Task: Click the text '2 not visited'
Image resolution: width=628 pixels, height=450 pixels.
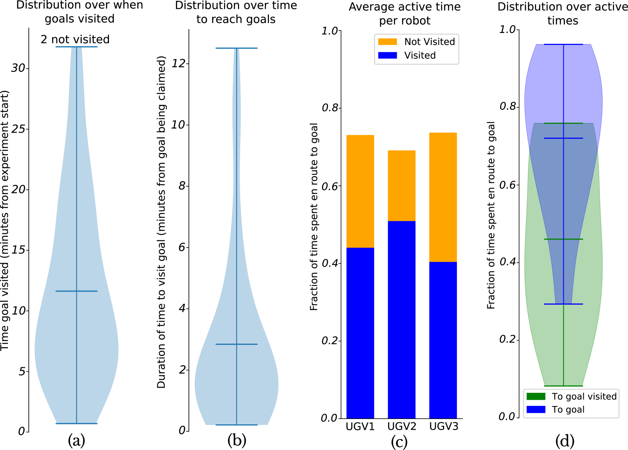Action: click(75, 39)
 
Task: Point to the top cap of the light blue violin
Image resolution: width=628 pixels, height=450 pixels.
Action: click(76, 47)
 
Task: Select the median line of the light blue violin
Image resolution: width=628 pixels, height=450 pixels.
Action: click(76, 291)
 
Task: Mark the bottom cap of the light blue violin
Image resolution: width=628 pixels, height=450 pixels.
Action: click(76, 424)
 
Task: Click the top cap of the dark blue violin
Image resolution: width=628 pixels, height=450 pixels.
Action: click(236, 48)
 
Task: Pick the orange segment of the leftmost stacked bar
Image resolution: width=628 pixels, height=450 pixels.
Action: click(360, 191)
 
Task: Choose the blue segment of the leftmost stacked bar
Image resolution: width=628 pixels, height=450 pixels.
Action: click(360, 333)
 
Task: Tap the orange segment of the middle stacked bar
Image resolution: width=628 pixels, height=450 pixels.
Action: click(402, 185)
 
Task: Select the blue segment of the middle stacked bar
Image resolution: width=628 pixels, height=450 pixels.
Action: click(402, 320)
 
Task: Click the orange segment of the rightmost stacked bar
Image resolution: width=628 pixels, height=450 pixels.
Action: click(443, 197)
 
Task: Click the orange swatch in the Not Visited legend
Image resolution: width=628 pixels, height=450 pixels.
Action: click(387, 42)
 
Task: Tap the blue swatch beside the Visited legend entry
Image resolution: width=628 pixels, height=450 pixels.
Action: click(387, 55)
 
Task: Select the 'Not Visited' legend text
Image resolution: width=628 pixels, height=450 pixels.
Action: click(429, 42)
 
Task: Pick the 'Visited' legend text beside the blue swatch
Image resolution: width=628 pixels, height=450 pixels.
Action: click(420, 56)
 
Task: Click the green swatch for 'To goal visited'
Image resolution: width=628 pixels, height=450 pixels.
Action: click(536, 396)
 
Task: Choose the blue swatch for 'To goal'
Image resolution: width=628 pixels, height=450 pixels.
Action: click(536, 410)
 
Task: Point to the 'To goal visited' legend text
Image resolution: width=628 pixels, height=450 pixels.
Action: click(584, 396)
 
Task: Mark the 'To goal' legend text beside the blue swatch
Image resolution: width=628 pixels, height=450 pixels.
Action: click(568, 410)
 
